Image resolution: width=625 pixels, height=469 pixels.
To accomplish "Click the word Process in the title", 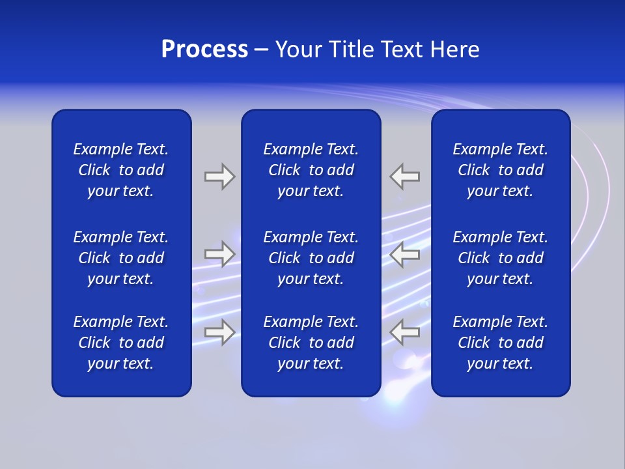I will [x=204, y=50].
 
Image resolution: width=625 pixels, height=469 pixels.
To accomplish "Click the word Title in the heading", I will [x=352, y=50].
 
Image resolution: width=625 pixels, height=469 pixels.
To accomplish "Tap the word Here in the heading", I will [x=456, y=50].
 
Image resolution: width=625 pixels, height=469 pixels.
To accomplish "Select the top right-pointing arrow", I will [x=219, y=177].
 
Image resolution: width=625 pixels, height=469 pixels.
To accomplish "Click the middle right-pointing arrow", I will [x=219, y=254].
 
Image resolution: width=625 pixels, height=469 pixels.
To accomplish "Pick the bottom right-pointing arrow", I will [x=219, y=332].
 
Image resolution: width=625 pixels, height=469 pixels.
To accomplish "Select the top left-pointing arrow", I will [x=405, y=177].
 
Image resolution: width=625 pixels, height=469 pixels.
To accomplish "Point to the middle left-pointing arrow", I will [x=405, y=254].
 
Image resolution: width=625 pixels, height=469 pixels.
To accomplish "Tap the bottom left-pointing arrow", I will [x=405, y=332].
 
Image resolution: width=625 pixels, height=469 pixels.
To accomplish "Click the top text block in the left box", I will [x=121, y=170].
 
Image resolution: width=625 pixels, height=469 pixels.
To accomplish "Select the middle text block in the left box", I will [x=121, y=258].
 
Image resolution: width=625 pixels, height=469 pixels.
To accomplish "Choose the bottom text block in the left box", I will [x=121, y=343].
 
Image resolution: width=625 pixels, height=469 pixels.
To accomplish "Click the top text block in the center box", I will [x=311, y=170].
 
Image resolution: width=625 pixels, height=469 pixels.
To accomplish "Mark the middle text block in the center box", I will [x=311, y=258].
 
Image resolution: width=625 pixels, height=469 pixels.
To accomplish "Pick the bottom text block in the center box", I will [x=311, y=343].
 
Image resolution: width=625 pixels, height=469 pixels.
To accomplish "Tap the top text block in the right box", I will [x=501, y=170].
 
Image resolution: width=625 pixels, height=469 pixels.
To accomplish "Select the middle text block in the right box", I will [x=501, y=258].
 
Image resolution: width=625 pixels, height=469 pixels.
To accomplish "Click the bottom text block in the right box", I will [x=501, y=343].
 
